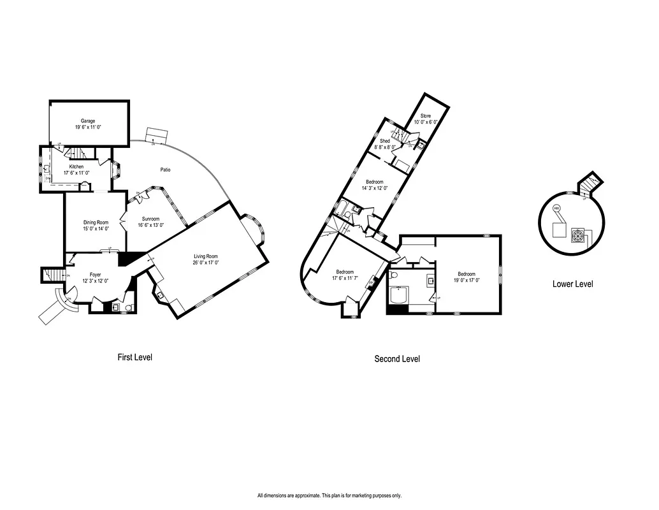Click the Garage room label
tap(88, 120)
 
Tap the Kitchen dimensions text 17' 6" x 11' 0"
tap(76, 173)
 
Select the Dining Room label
tap(96, 222)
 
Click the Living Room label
tap(207, 256)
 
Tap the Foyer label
tap(95, 275)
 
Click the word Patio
tap(165, 170)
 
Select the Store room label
tap(425, 115)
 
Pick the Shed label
tap(385, 141)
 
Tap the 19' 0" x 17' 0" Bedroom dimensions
tap(466, 280)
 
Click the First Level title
tap(134, 357)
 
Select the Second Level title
tap(396, 359)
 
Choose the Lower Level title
tap(572, 284)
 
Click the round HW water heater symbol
tap(556, 208)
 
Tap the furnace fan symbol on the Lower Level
tap(578, 235)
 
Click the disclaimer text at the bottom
tap(329, 495)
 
